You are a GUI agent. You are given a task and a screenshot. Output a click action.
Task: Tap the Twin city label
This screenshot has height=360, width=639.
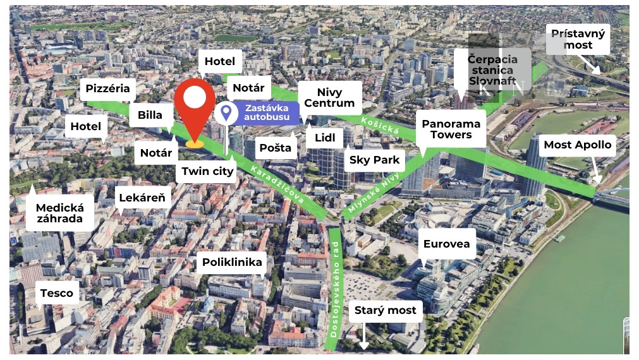(207, 171)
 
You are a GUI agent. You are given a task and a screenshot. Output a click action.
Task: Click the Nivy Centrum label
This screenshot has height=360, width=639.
(329, 97)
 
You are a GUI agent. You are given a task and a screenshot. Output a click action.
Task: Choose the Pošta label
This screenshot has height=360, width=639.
(276, 148)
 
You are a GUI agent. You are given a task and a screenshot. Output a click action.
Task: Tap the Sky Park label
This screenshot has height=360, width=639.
(375, 160)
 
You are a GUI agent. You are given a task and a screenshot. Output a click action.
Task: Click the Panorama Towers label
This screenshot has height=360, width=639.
(451, 129)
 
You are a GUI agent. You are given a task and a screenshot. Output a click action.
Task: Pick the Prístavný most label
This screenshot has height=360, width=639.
(578, 39)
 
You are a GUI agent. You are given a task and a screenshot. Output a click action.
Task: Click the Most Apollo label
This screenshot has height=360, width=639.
(577, 145)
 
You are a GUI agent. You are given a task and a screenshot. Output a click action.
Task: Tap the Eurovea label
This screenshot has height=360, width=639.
(446, 244)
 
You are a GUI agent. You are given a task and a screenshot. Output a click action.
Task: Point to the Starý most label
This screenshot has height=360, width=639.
(386, 310)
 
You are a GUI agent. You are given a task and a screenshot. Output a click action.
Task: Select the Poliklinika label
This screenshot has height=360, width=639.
(232, 262)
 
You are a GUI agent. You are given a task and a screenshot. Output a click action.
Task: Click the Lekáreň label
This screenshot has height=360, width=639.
(142, 198)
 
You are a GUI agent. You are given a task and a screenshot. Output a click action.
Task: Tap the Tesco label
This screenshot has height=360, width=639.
(57, 293)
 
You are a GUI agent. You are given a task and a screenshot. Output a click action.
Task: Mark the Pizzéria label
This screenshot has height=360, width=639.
(107, 88)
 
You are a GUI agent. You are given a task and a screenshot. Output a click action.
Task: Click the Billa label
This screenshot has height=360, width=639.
(150, 115)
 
